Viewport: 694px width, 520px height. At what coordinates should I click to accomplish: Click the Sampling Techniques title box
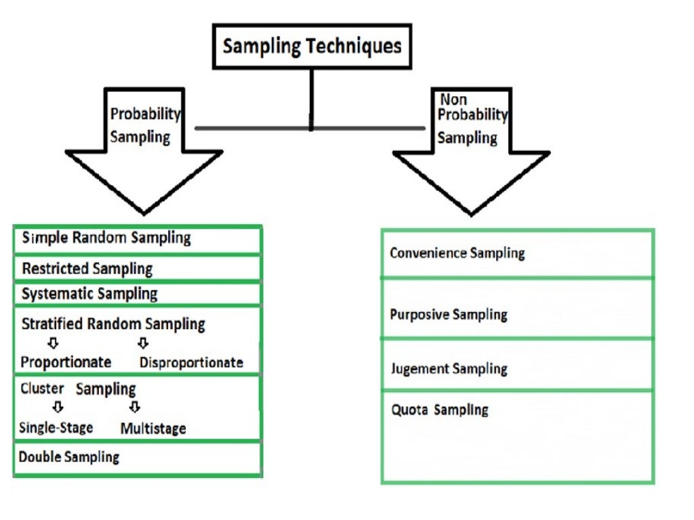click(x=312, y=46)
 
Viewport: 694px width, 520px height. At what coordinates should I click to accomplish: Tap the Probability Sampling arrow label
click(x=144, y=125)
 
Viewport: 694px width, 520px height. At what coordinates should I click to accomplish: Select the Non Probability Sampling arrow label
click(x=472, y=119)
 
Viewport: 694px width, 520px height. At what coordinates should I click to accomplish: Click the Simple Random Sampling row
click(x=106, y=238)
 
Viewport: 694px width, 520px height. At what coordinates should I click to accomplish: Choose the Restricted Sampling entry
click(x=87, y=269)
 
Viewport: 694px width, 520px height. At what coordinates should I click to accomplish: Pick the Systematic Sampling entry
click(x=89, y=294)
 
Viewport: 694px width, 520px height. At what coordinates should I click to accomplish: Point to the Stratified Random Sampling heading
click(x=113, y=324)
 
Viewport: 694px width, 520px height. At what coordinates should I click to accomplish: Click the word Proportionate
click(x=66, y=362)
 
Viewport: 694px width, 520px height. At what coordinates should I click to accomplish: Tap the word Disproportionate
click(x=191, y=363)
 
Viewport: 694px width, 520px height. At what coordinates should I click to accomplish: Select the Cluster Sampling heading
click(x=78, y=389)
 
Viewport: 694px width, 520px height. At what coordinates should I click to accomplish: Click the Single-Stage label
click(x=56, y=428)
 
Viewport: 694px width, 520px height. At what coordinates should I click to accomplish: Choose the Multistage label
click(x=153, y=429)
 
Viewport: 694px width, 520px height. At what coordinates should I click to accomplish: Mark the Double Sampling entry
click(x=69, y=457)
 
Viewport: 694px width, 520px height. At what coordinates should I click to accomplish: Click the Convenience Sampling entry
click(x=457, y=253)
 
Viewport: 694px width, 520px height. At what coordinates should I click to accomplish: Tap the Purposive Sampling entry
click(x=449, y=315)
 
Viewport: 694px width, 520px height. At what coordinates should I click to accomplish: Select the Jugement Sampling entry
click(x=449, y=369)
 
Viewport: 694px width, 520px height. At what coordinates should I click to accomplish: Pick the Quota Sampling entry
click(x=440, y=410)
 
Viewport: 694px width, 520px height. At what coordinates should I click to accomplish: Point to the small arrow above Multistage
click(x=135, y=407)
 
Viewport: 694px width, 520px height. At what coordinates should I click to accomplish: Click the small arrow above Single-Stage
click(x=58, y=407)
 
